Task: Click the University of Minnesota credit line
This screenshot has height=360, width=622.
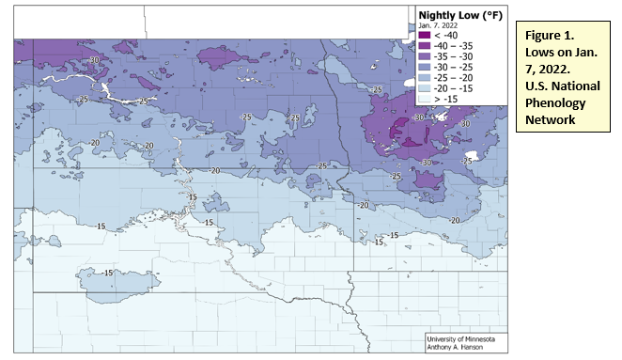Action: click(466, 337)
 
